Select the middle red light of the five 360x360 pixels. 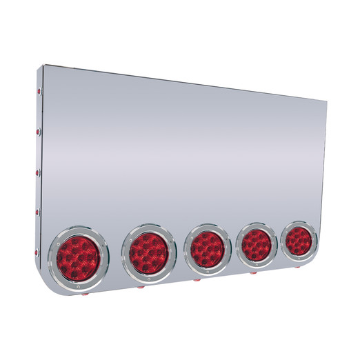coord(206,246)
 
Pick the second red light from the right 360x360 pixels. coord(256,243)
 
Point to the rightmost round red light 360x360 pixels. coord(299,240)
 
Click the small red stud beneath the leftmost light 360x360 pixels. coord(84,294)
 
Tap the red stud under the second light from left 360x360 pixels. coord(141,286)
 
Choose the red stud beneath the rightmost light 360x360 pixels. coord(298,267)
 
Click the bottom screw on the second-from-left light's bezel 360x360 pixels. coord(147,277)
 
